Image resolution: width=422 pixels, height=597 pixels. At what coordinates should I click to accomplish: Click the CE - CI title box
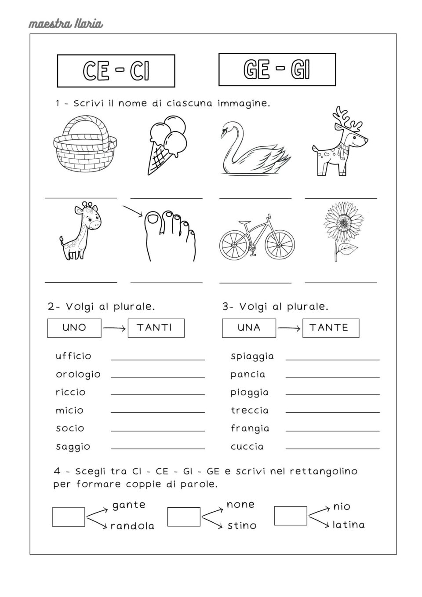coord(116,71)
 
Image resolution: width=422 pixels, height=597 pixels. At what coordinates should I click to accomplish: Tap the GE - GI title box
coord(277,69)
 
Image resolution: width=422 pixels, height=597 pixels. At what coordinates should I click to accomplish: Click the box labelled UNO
coord(74,328)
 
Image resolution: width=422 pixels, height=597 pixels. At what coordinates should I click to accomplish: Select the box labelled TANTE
coord(331,328)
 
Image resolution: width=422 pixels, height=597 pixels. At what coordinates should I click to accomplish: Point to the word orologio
coord(78,375)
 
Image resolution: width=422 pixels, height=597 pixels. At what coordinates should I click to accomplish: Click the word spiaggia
coord(252,356)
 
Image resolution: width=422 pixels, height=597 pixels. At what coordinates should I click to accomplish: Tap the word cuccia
coord(247,447)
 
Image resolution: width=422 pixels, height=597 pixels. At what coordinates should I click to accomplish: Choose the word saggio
coord(73,447)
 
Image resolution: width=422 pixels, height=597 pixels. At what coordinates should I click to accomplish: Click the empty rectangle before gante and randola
coord(69,517)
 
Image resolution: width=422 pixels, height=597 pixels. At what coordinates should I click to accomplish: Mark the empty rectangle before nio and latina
coord(291,516)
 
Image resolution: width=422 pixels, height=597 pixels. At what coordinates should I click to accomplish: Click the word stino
coord(242,525)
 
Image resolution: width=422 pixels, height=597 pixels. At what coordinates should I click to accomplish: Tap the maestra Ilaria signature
coord(66,23)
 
